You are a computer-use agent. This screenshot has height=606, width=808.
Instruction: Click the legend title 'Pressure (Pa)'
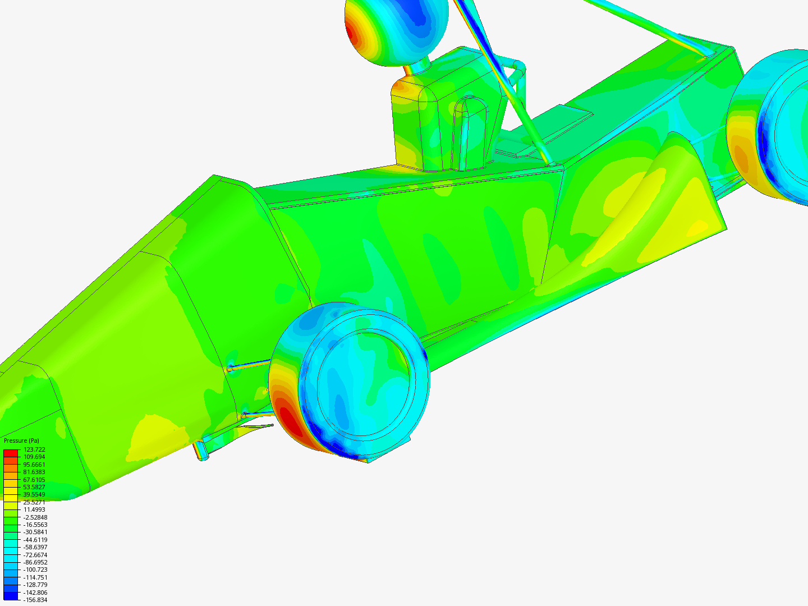(21, 440)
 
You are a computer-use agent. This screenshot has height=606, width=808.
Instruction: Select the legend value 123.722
(34, 449)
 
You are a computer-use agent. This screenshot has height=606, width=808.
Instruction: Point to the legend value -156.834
(35, 600)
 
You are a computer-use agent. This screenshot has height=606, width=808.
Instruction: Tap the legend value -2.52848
(35, 517)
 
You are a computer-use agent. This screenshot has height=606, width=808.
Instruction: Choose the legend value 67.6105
(34, 479)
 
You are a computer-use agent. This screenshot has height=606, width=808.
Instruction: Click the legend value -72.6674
(35, 555)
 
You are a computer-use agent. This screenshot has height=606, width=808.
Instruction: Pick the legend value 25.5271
(34, 502)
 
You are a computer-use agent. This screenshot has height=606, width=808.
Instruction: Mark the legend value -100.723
(35, 570)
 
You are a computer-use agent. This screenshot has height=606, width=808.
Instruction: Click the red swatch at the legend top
(11, 453)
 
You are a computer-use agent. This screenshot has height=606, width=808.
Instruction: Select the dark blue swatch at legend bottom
(11, 596)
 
